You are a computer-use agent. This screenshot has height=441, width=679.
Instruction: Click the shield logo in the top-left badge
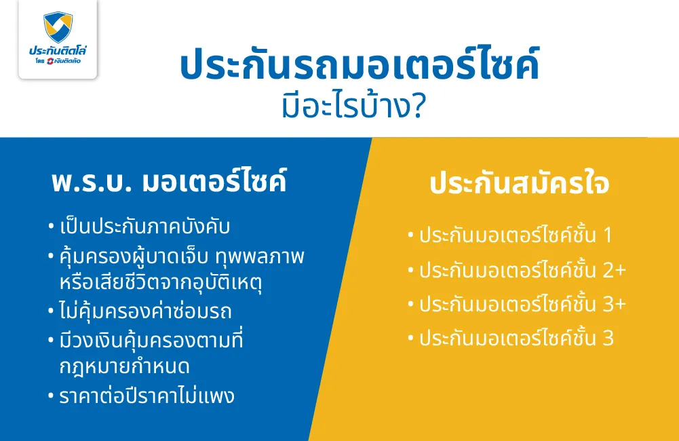click(58, 27)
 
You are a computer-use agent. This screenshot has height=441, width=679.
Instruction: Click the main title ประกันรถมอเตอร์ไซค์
click(360, 66)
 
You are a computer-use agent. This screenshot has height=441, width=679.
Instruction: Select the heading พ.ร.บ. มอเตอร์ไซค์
click(169, 183)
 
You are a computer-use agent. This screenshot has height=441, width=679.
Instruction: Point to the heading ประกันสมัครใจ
click(519, 185)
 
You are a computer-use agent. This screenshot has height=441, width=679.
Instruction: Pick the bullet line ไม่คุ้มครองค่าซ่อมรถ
click(145, 311)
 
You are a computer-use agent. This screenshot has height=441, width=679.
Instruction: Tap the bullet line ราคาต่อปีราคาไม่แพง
click(147, 396)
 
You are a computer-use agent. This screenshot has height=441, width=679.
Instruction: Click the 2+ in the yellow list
click(614, 271)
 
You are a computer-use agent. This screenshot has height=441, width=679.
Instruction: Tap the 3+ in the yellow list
click(614, 305)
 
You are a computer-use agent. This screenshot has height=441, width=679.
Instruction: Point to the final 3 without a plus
click(608, 338)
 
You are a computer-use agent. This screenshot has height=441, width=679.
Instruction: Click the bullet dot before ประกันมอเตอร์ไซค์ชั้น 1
click(410, 236)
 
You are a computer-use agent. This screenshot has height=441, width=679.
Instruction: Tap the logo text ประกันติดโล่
click(58, 51)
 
